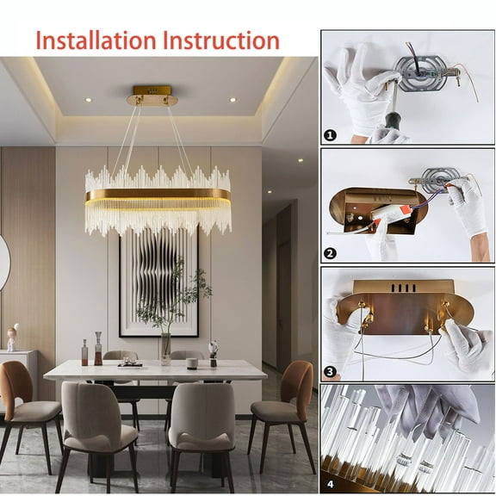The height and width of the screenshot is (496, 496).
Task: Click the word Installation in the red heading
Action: point(96,40)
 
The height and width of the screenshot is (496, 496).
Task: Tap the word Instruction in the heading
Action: point(220,40)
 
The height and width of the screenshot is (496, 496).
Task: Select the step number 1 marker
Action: point(329,135)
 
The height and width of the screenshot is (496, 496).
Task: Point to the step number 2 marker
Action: point(329,254)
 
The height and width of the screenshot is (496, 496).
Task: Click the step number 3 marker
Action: point(329,371)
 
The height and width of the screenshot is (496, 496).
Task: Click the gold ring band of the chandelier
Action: point(158,196)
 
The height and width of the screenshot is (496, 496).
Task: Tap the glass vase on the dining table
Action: point(164,346)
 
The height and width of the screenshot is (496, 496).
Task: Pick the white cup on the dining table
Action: point(192,363)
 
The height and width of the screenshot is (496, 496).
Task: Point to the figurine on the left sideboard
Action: point(12,338)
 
